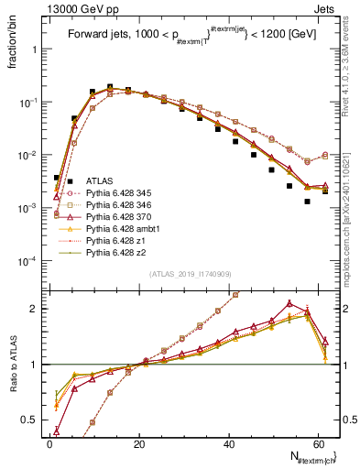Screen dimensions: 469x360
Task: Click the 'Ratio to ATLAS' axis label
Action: coord(12,364)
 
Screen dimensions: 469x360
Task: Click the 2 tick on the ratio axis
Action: coord(38,309)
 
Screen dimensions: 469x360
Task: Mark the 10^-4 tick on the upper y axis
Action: coord(31,262)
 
